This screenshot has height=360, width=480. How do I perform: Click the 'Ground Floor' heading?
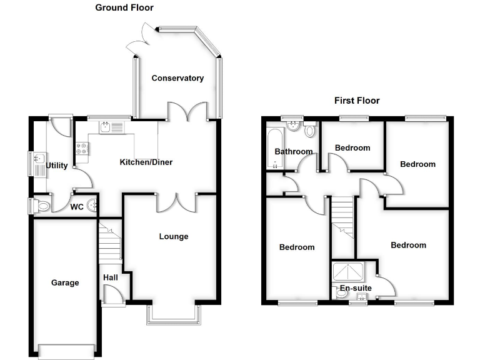(124, 7)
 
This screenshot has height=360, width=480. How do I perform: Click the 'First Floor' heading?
(356, 100)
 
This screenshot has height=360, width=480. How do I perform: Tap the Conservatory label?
(177, 78)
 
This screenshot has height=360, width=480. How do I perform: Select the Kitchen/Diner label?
(146, 162)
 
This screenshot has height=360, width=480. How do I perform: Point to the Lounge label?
(173, 236)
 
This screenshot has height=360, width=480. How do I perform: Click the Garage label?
(65, 282)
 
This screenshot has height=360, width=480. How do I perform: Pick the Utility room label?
(57, 166)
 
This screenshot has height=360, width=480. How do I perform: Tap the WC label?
(77, 206)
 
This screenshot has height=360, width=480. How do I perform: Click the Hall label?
(110, 277)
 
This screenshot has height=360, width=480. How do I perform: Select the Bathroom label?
(293, 151)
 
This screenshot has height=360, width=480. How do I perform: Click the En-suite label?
(356, 288)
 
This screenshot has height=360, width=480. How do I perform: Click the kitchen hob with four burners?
(82, 149)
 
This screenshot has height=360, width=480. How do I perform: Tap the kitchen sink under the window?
(106, 127)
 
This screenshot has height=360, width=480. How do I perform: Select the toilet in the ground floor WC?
(42, 205)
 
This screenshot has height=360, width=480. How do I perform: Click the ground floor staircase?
(109, 241)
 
